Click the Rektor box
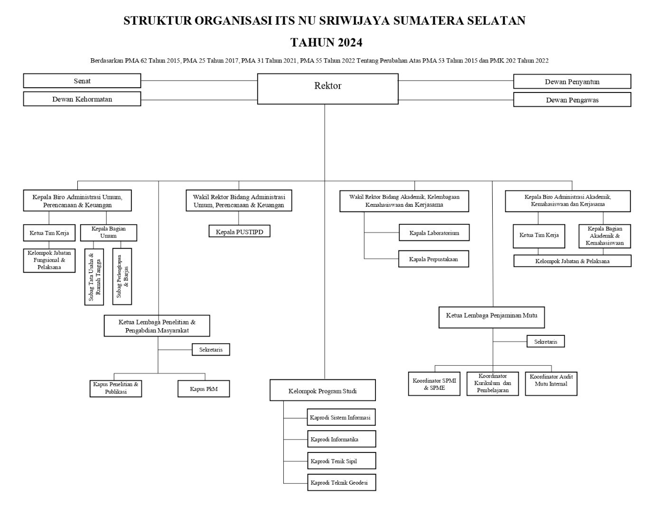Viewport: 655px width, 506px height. tap(327, 89)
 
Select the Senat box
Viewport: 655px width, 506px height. tap(82, 81)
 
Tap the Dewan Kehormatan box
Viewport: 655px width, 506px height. tap(82, 99)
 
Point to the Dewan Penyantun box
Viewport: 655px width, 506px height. tap(572, 82)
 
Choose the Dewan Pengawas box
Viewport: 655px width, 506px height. tap(572, 100)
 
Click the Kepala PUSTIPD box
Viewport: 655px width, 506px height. tap(239, 231)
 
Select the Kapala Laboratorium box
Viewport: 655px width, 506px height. tap(434, 233)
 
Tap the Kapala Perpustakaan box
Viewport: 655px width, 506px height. tap(433, 259)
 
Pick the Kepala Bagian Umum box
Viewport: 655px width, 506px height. tap(109, 232)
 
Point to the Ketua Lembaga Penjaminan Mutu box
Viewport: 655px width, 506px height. tap(491, 317)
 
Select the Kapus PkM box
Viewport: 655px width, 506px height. tap(204, 388)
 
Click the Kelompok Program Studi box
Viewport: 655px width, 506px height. tap(322, 390)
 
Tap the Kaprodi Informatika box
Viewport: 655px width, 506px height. tap(341, 439)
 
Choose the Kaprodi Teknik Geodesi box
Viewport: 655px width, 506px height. tap(341, 482)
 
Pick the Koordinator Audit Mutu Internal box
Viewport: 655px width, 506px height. tap(551, 383)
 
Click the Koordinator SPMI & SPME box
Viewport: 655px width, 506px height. tap(434, 384)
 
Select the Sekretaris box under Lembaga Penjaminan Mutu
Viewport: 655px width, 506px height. tap(545, 341)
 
